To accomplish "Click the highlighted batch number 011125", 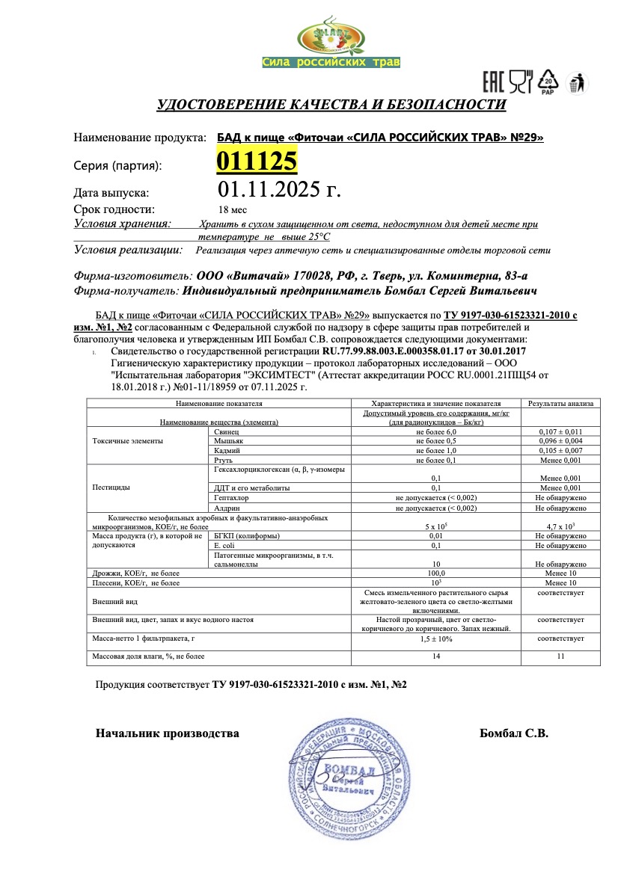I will pos(257,161).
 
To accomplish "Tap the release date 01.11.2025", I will pos(278,189).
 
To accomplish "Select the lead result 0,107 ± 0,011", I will pos(560,432).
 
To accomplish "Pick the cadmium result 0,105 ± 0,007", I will pos(560,451).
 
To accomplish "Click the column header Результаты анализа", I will pos(560,403).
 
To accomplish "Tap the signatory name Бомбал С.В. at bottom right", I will pos(513,733).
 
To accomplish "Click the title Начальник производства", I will pos(167,733).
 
